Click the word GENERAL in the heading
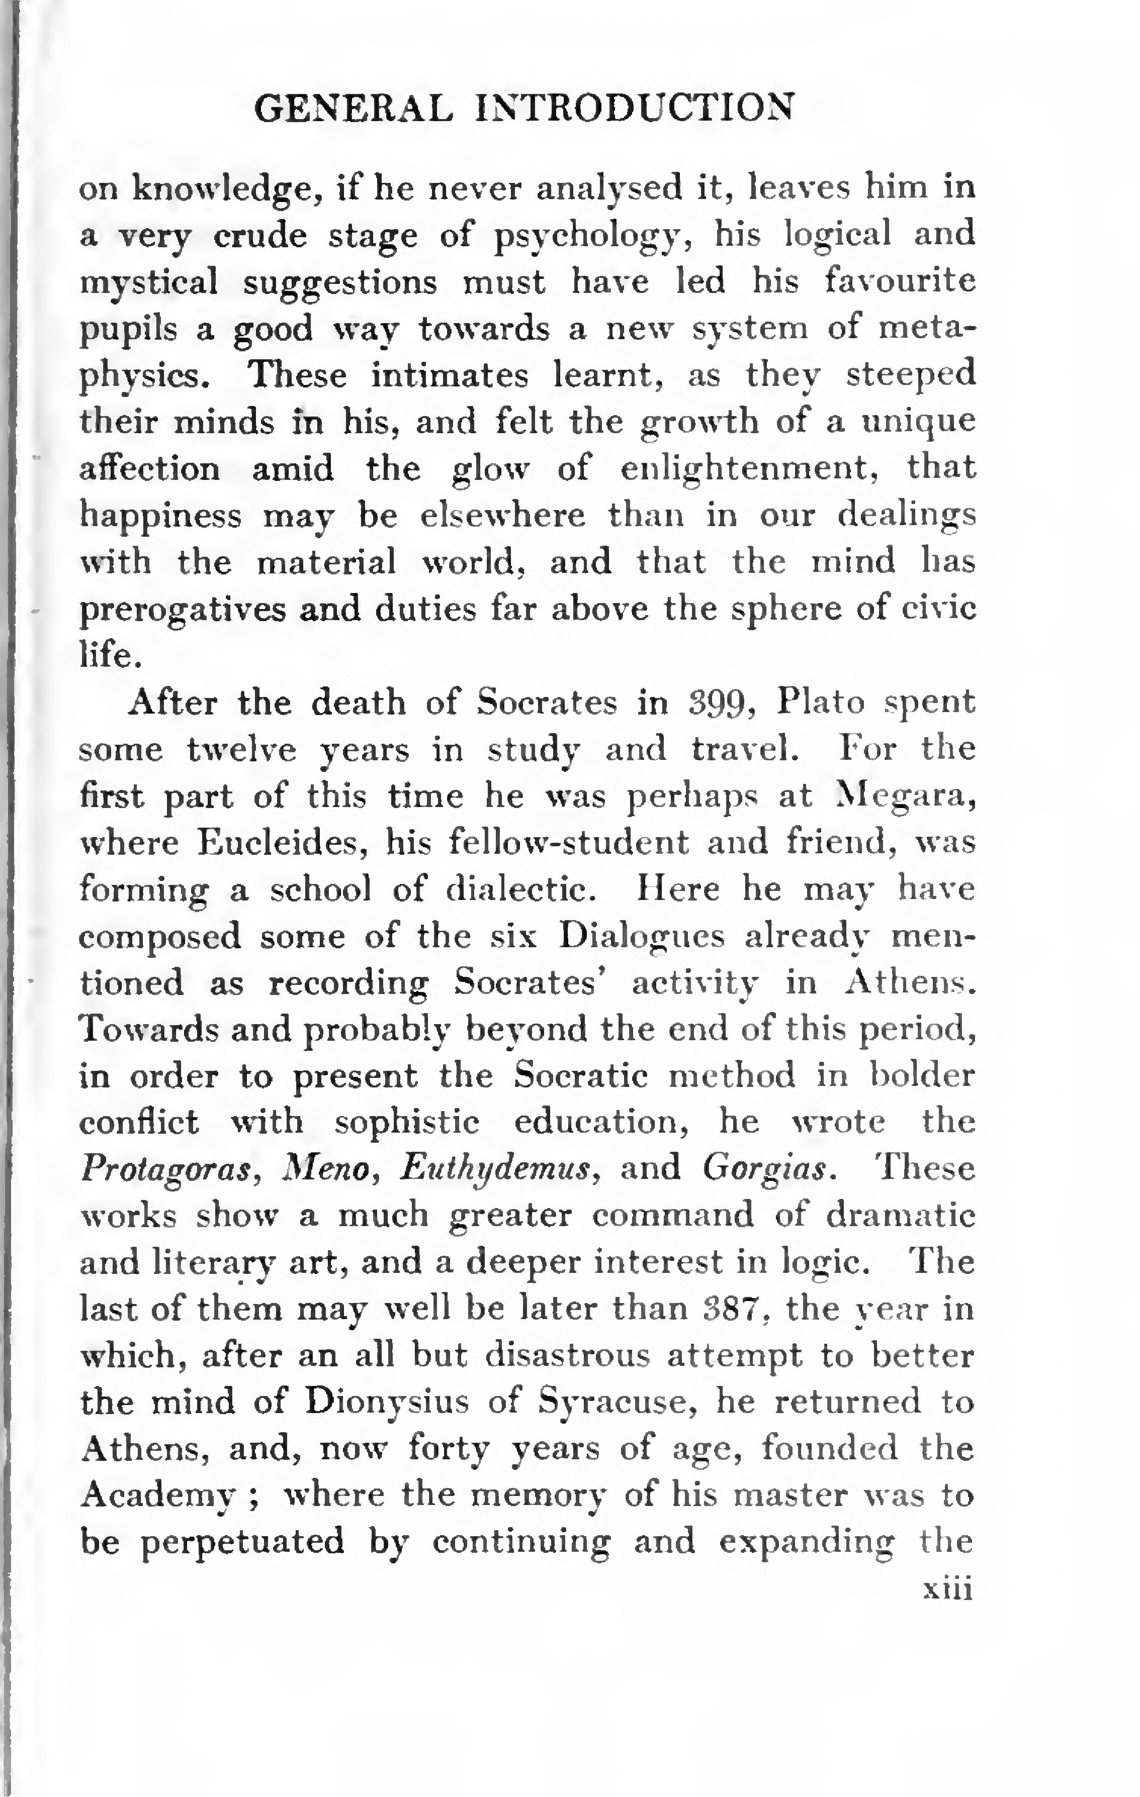(x=353, y=109)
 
